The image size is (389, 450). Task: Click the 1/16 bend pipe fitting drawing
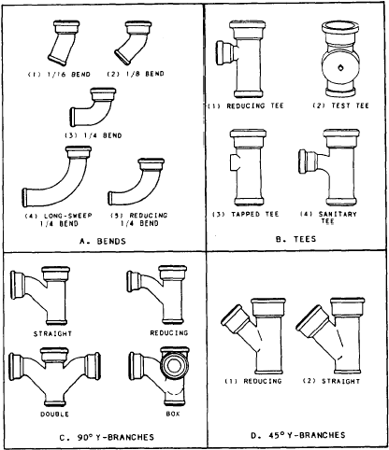pyautogui.click(x=64, y=43)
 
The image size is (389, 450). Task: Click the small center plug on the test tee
pyautogui.click(x=340, y=67)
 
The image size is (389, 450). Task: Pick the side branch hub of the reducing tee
pyautogui.click(x=223, y=52)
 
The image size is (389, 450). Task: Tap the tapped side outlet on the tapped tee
pyautogui.click(x=235, y=162)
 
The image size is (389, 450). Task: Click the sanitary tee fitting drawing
pyautogui.click(x=329, y=166)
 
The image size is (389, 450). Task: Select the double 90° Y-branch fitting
pyautogui.click(x=54, y=376)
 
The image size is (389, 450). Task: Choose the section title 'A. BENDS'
pyautogui.click(x=103, y=241)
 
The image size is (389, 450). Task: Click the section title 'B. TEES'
pyautogui.click(x=295, y=239)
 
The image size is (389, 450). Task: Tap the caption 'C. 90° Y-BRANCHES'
pyautogui.click(x=107, y=437)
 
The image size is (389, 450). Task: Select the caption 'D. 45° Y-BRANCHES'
pyautogui.click(x=298, y=435)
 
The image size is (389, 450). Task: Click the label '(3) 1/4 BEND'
pyautogui.click(x=94, y=135)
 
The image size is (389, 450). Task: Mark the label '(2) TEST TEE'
pyautogui.click(x=340, y=105)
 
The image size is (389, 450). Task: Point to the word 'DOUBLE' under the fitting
pyautogui.click(x=54, y=415)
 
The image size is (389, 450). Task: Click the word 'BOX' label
pyautogui.click(x=173, y=414)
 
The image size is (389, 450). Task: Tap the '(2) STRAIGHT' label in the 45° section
pyautogui.click(x=331, y=381)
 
